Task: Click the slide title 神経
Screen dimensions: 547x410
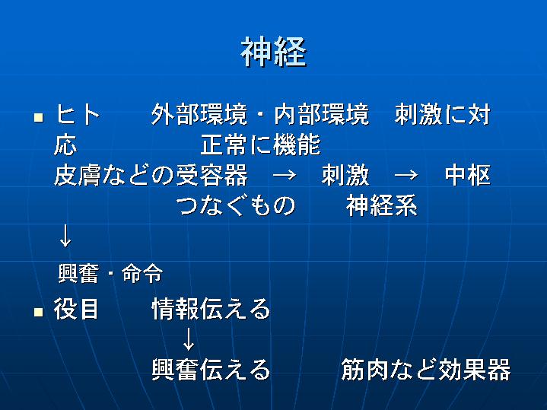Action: pyautogui.click(x=274, y=52)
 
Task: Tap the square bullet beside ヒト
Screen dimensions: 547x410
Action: pyautogui.click(x=38, y=117)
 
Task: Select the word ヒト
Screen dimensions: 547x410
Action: pyautogui.click(x=78, y=114)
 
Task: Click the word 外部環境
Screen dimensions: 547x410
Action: pyautogui.click(x=199, y=114)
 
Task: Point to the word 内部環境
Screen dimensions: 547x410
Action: pyautogui.click(x=322, y=114)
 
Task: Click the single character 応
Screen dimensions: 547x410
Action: pyautogui.click(x=65, y=145)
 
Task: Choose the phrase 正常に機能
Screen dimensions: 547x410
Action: pyautogui.click(x=261, y=145)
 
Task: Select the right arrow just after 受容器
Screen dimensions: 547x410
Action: pyautogui.click(x=285, y=175)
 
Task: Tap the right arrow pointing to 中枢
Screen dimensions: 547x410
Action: pyautogui.click(x=406, y=175)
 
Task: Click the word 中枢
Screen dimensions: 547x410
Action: pyautogui.click(x=468, y=175)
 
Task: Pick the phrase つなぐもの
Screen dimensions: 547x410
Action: pyautogui.click(x=236, y=205)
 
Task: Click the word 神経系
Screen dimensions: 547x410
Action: pyautogui.click(x=382, y=205)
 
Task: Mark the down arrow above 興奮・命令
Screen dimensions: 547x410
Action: pyautogui.click(x=65, y=236)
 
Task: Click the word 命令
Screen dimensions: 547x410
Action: pyautogui.click(x=142, y=273)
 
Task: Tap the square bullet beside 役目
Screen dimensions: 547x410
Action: pyautogui.click(x=38, y=312)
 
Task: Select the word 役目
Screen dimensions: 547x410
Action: pyautogui.click(x=76, y=309)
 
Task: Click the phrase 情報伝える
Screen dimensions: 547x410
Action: pyautogui.click(x=211, y=309)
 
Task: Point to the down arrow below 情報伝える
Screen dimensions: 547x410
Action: pyautogui.click(x=189, y=338)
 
